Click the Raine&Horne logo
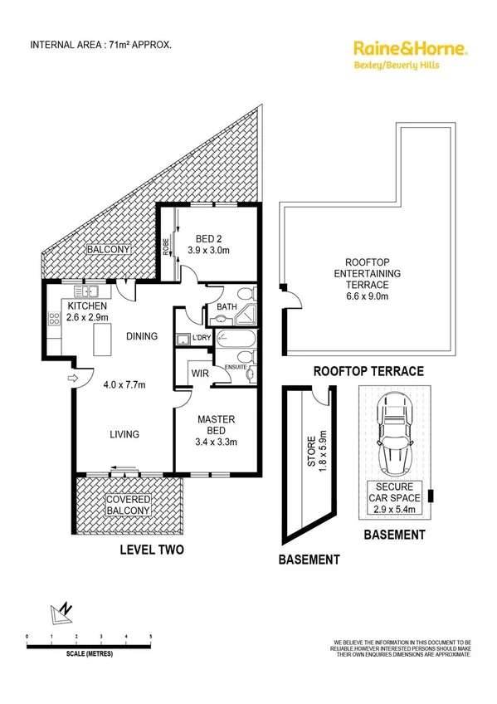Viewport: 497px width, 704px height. pyautogui.click(x=410, y=54)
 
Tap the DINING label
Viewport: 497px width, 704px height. pyautogui.click(x=143, y=336)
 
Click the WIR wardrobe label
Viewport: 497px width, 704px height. pyautogui.click(x=198, y=374)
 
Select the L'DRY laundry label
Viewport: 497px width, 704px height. pyautogui.click(x=202, y=339)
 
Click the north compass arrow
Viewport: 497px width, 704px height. pyautogui.click(x=62, y=613)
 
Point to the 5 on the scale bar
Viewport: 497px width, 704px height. pyautogui.click(x=150, y=637)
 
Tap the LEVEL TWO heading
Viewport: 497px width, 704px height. pyautogui.click(x=151, y=550)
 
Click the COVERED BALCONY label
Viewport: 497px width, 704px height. pyautogui.click(x=127, y=506)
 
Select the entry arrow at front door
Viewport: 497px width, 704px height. pyautogui.click(x=71, y=379)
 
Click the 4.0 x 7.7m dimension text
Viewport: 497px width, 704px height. pyautogui.click(x=124, y=384)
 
